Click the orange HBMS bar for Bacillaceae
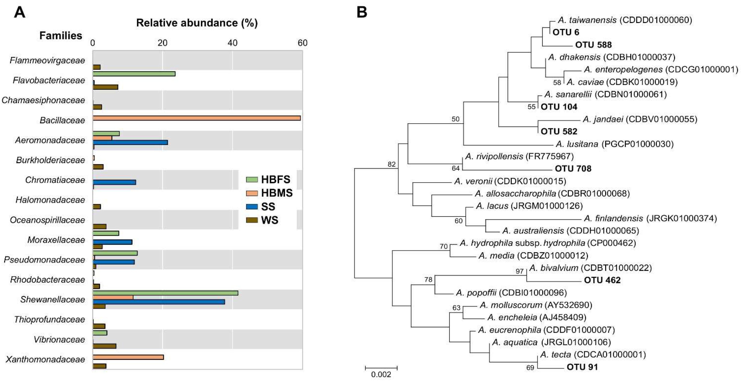click(196, 118)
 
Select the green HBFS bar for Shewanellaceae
click(165, 293)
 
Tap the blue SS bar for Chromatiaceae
click(114, 182)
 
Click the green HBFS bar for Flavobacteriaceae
click(134, 74)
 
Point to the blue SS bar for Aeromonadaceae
click(130, 143)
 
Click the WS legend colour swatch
click(252, 220)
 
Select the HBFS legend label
click(276, 180)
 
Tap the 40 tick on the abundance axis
click(232, 43)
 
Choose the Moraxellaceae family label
click(56, 240)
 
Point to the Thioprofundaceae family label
click(49, 320)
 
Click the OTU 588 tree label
click(593, 45)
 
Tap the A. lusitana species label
click(577, 144)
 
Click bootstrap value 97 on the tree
click(519, 271)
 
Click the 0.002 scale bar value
click(381, 375)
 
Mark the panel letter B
click(362, 12)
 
